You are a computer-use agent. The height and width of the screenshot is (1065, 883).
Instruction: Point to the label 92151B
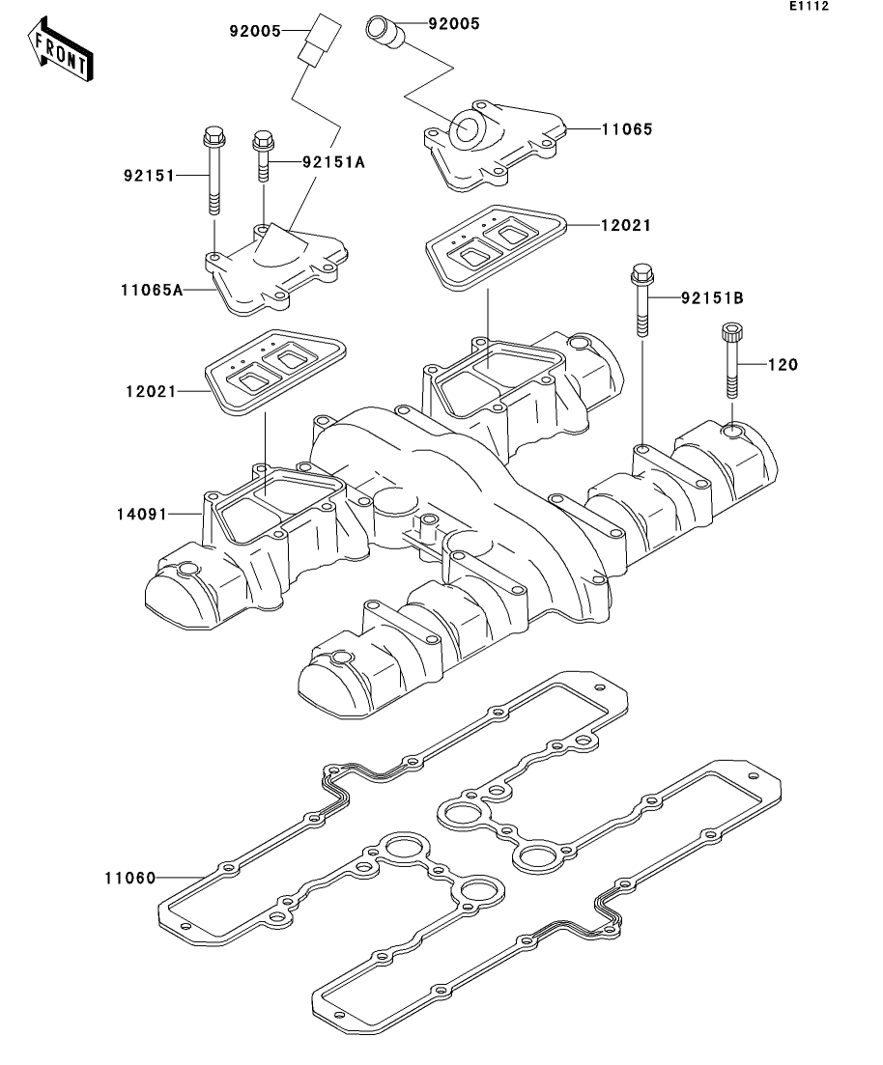click(x=711, y=298)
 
